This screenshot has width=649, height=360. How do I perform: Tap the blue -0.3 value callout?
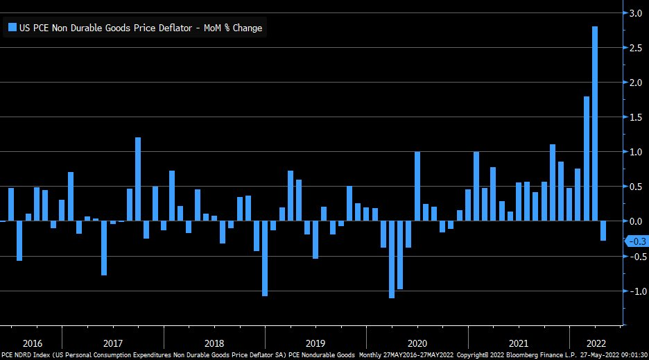point(636,241)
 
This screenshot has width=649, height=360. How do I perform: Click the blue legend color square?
point(12,28)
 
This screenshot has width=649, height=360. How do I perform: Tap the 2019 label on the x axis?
point(315,343)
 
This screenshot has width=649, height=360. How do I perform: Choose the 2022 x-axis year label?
point(596,343)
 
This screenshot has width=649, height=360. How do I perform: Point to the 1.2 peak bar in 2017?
point(138,179)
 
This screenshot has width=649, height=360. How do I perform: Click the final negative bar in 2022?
point(603,230)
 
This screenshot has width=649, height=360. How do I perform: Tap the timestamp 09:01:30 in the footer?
point(632,355)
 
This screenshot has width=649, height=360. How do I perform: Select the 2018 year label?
point(214,343)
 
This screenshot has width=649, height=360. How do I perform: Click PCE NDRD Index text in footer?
point(26,355)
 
